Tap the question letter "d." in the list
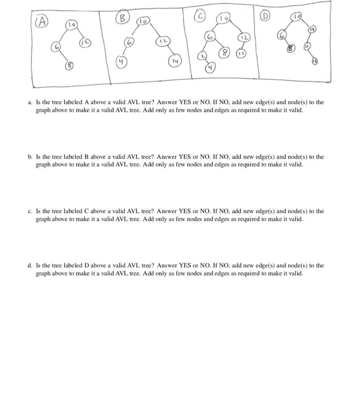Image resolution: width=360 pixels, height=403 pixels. pos(30,266)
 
